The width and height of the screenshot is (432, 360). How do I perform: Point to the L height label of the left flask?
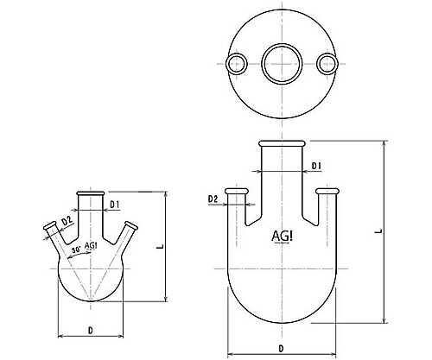click(x=161, y=247)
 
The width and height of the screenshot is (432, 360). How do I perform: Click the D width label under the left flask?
click(x=90, y=329)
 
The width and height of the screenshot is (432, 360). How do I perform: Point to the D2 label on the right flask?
click(x=213, y=199)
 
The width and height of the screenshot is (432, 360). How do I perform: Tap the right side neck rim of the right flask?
click(x=327, y=189)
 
